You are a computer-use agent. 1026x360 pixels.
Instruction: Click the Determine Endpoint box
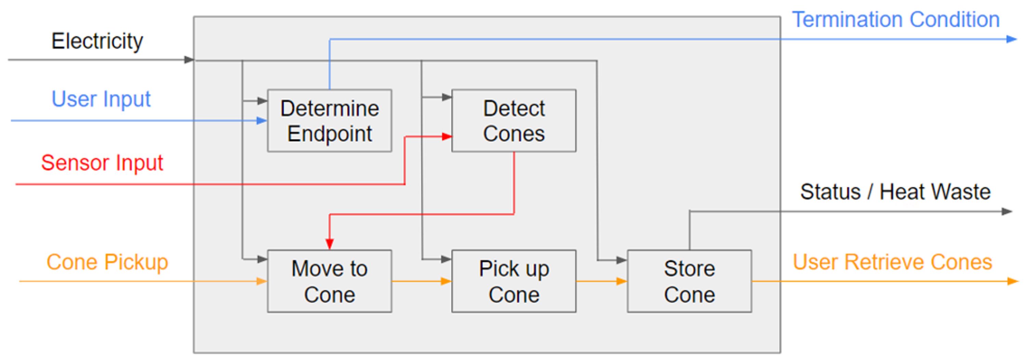[x=329, y=121]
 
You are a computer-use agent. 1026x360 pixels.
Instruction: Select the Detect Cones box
[x=513, y=121]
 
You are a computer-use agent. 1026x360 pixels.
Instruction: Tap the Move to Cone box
[x=329, y=281]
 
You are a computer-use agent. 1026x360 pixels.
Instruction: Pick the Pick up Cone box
[x=513, y=281]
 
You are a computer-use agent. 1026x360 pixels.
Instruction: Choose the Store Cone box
[x=689, y=281]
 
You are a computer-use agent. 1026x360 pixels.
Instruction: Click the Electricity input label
[x=97, y=41]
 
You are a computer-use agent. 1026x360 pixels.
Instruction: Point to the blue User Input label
[x=101, y=99]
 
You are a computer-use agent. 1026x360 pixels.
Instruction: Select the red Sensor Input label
[x=102, y=163]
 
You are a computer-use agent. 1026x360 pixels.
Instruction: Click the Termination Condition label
[x=895, y=19]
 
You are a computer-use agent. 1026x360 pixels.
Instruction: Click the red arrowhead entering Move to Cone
[x=329, y=244]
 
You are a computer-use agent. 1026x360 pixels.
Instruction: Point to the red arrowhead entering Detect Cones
[x=447, y=137]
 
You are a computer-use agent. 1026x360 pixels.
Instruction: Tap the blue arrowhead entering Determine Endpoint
[x=262, y=120]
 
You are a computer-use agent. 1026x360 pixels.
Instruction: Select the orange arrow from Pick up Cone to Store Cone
[x=602, y=281]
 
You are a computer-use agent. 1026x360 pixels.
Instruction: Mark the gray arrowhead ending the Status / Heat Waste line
[x=1007, y=212]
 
